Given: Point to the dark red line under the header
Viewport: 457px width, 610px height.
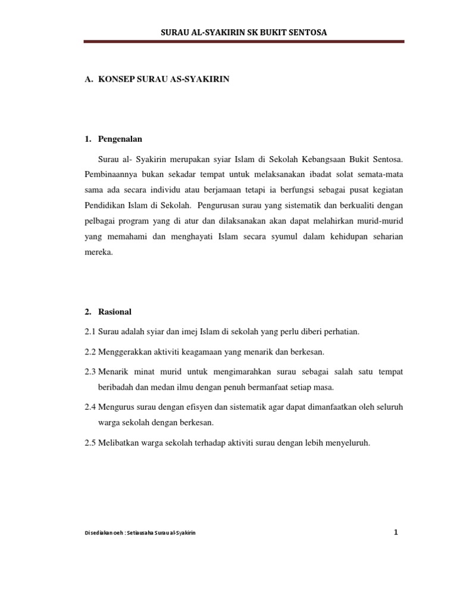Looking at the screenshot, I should point(244,42).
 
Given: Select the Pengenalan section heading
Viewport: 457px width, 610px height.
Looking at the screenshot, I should point(120,139).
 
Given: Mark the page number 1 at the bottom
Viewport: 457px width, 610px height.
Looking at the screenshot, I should point(395,532).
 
